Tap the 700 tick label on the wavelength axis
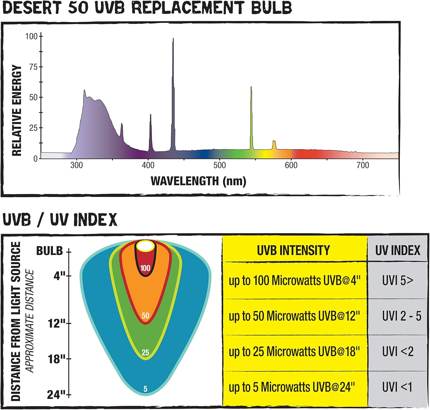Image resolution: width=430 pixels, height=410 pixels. [x=363, y=165]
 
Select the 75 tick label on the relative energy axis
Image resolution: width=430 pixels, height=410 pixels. [x=33, y=67]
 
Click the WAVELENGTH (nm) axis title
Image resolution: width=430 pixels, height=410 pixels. [x=198, y=181]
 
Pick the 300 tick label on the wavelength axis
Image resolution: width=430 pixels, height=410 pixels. [x=77, y=165]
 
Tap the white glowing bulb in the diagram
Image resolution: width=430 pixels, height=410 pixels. [x=145, y=246]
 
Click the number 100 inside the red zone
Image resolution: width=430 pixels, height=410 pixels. [x=145, y=268]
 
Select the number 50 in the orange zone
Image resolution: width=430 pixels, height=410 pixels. [x=145, y=316]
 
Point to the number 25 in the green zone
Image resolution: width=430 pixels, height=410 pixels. [x=145, y=352]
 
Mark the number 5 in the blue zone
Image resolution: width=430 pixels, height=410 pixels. [x=145, y=389]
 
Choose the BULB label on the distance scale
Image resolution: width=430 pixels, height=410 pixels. [x=49, y=251]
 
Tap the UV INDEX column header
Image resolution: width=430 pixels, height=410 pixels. [x=398, y=250]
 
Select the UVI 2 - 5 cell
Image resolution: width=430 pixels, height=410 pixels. [x=401, y=316]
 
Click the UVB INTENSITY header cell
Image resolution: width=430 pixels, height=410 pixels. [x=293, y=250]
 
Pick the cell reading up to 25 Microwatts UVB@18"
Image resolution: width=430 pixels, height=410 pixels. [x=294, y=352]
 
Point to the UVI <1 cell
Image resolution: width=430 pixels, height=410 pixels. [x=397, y=387]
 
